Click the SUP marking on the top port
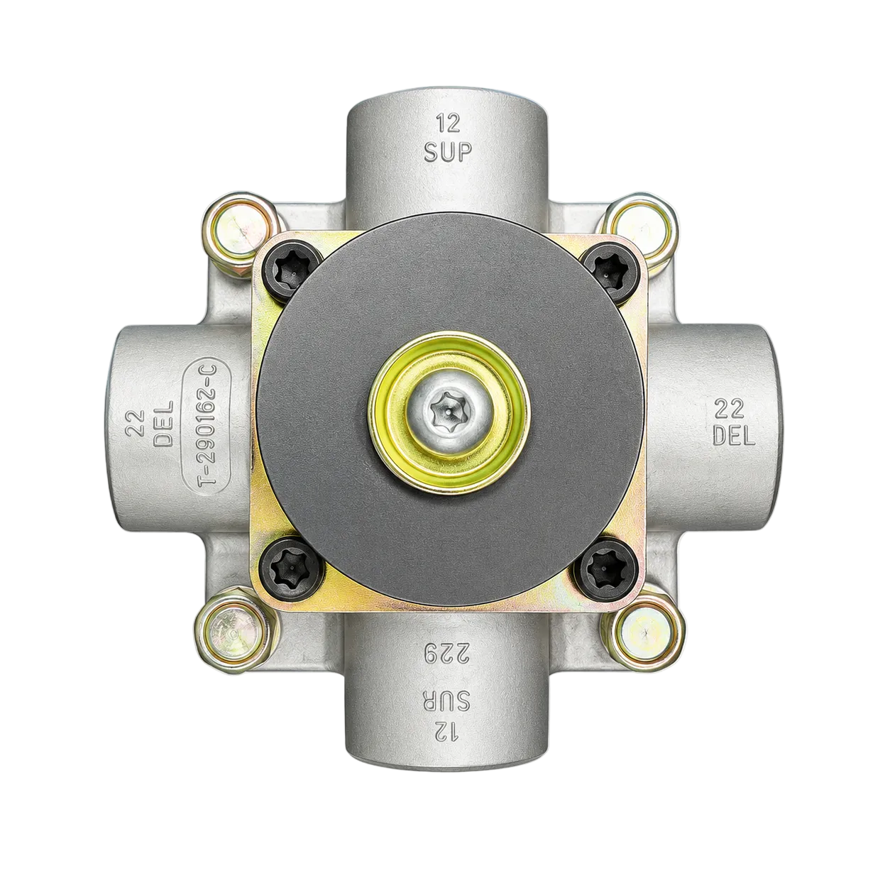point(448,151)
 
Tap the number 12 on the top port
point(449,123)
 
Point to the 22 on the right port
point(730,408)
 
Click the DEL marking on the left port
point(163,423)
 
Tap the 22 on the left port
point(135,423)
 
